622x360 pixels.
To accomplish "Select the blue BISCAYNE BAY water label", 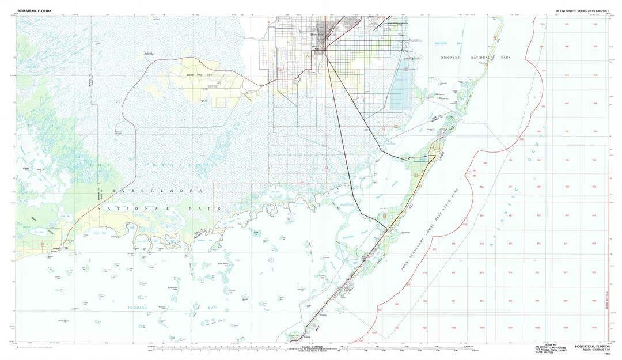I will click(447, 44).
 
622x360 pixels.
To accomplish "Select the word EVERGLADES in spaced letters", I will click(157, 190).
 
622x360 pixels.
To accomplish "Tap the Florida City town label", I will click(316, 48).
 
